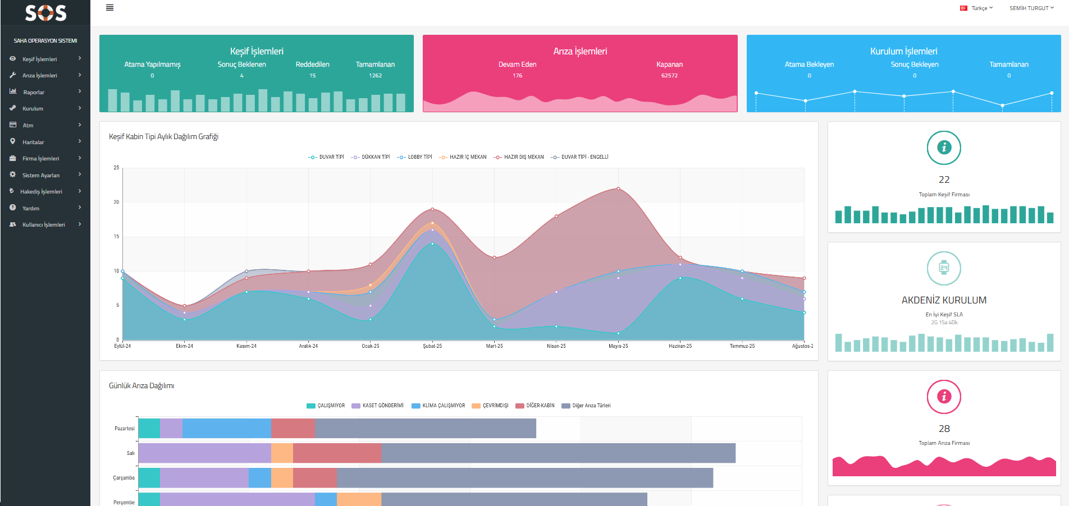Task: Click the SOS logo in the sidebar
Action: (45, 13)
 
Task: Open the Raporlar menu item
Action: (34, 92)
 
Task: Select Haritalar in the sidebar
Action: (33, 142)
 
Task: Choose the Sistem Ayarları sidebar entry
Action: (41, 175)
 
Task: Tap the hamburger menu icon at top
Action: (110, 8)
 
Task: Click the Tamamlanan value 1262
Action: (375, 76)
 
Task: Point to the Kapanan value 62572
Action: (669, 76)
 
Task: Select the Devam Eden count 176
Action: (517, 76)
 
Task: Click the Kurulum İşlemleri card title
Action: (903, 51)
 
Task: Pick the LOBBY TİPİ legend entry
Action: (419, 157)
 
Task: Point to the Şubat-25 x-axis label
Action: (432, 346)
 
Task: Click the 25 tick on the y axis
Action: (116, 168)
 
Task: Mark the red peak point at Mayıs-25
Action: (618, 188)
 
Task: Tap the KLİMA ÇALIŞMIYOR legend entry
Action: (443, 406)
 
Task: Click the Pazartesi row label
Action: (125, 429)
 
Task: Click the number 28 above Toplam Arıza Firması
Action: (944, 429)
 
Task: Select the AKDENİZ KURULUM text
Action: (944, 300)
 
